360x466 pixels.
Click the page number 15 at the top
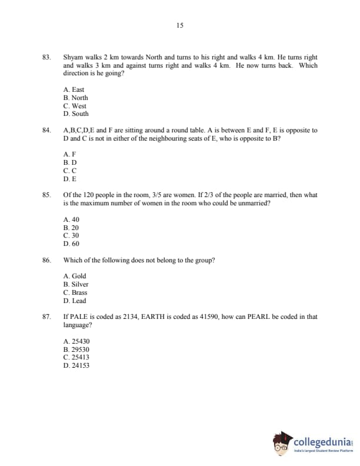179,25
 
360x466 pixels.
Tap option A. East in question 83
74,89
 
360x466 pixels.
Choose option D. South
76,114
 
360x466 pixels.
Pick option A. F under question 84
69,154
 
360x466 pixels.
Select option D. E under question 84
69,178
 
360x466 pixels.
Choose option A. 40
71,219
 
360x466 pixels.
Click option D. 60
71,243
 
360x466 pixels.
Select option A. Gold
75,276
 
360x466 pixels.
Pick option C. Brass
75,292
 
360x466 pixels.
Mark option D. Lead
75,300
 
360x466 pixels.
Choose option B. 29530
76,349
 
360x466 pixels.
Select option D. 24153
76,365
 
